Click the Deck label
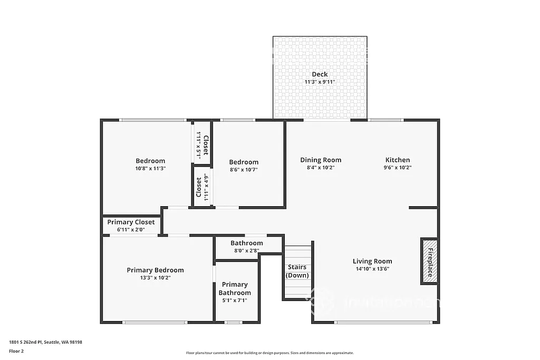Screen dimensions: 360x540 (x=320, y=74)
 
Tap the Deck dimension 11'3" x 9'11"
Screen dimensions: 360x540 (x=320, y=82)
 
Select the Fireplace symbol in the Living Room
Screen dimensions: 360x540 (x=429, y=262)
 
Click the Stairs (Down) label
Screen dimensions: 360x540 (x=297, y=271)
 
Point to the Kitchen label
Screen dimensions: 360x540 (x=398, y=160)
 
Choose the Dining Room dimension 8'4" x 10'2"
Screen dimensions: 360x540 (x=321, y=168)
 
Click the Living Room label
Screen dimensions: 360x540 (x=372, y=261)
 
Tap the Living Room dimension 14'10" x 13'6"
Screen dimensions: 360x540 (x=372, y=269)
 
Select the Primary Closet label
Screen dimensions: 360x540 (x=131, y=222)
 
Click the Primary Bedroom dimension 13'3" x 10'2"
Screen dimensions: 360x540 (x=155, y=277)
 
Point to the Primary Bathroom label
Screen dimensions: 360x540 (x=235, y=289)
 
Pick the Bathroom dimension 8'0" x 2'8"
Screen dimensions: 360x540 (x=246, y=250)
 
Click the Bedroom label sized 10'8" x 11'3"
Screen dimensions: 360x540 (x=150, y=161)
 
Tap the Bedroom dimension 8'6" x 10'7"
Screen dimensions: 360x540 (x=244, y=170)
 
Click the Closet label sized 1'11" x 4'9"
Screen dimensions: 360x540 (x=199, y=187)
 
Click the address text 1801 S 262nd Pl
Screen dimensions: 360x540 (x=45, y=342)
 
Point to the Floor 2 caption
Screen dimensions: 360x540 (x=16, y=351)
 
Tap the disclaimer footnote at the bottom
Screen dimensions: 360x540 (x=269, y=353)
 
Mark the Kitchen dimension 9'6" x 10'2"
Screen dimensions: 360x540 (x=398, y=168)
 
